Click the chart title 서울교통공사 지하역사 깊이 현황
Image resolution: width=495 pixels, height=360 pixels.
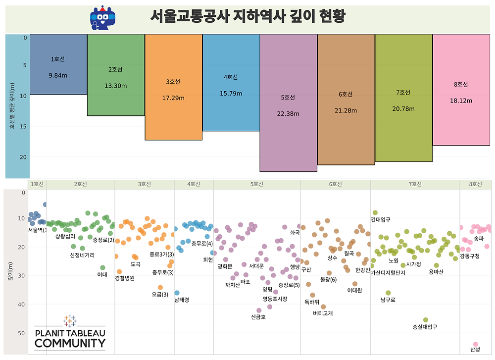pos(247,16)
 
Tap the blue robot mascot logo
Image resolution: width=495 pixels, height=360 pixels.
pos(102,18)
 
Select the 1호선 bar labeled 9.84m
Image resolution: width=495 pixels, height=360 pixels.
pos(58,64)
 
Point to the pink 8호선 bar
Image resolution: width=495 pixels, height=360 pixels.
pos(461,90)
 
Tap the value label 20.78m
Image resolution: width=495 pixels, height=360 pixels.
pos(403,108)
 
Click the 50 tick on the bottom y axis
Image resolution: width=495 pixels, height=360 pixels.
pos(22,333)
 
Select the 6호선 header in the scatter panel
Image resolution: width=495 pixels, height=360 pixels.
pos(335,184)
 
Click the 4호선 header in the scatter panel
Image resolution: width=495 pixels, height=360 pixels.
pos(194,184)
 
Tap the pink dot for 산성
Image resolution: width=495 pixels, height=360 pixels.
pos(476,344)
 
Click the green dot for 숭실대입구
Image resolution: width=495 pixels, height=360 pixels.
pos(426,320)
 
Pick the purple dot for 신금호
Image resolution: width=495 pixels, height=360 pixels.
pos(259,310)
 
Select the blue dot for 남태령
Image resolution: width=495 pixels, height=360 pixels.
pos(177,293)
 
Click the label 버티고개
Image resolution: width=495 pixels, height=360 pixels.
pos(323,313)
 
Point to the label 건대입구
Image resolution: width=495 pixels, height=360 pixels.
pos(380,219)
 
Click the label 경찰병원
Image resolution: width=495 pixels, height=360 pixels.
pos(125,278)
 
